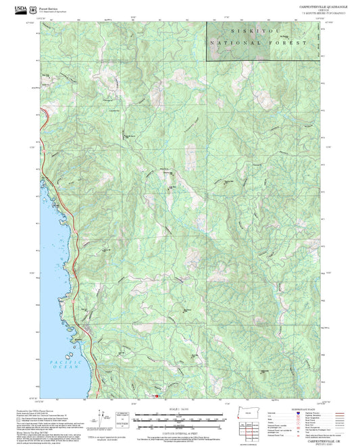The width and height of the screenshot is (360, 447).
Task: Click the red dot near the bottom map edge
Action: click(x=157, y=396)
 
